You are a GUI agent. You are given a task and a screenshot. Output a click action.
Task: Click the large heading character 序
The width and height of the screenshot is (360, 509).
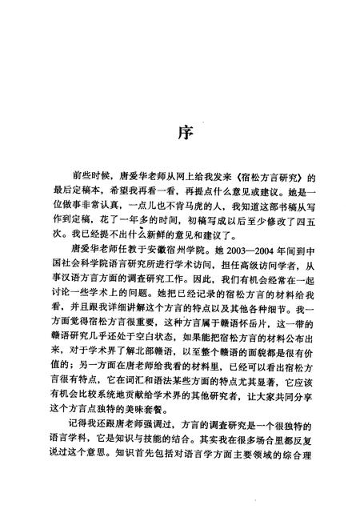(180, 132)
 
